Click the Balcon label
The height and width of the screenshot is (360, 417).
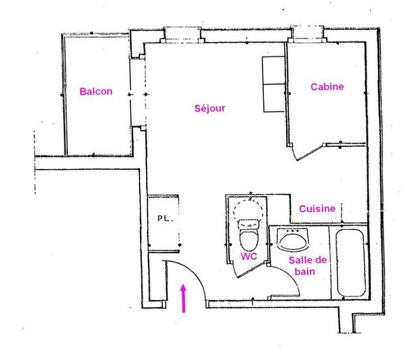96,91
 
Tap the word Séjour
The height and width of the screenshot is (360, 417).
210,108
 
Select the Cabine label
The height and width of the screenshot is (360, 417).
327,87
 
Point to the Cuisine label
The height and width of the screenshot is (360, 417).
317,208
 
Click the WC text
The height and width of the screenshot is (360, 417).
249,256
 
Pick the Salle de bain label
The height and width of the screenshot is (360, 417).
308,266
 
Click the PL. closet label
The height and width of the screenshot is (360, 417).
165,219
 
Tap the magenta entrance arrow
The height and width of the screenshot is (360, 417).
183,298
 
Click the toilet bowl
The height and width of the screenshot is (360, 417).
249,238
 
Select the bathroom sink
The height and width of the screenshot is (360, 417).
293,239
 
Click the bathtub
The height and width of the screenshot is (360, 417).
351,262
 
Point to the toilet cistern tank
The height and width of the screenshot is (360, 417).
249,224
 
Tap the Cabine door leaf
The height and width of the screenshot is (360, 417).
309,152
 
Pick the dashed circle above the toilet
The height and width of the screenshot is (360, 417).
248,210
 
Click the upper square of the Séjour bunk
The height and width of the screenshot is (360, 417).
274,70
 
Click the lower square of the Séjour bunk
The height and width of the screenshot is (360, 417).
274,98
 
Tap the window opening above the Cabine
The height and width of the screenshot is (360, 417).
307,34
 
